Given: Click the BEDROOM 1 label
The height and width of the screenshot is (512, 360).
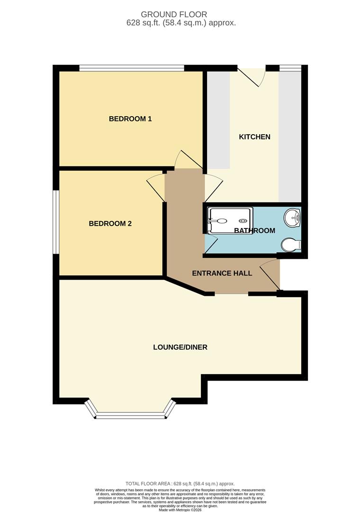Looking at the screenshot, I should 130,119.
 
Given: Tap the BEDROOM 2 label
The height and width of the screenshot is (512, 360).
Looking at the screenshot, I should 110,223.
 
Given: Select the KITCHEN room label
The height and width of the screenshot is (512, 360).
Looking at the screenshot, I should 254,137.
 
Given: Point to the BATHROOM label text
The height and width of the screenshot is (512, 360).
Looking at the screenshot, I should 254,231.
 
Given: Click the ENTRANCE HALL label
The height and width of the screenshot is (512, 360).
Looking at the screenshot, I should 222,274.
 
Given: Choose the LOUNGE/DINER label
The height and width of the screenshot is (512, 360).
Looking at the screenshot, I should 180,347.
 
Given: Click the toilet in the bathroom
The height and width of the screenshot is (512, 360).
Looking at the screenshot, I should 290,245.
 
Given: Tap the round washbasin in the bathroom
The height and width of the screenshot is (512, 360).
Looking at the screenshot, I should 292,218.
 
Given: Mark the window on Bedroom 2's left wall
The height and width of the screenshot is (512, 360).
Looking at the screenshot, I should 56,222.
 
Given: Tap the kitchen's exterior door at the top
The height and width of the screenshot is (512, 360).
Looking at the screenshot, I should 250,76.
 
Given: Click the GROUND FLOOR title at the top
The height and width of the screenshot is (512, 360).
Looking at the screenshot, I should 180,15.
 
